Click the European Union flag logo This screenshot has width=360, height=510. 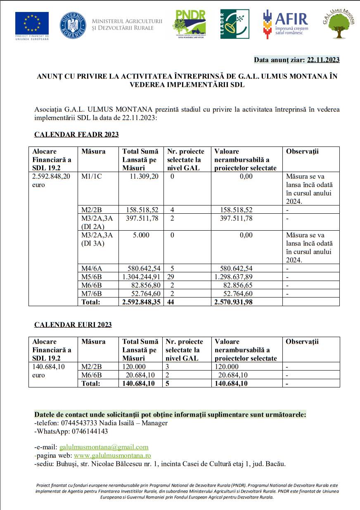[32, 23]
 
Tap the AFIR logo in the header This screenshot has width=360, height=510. [285, 24]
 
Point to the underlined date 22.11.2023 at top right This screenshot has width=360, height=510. [323, 60]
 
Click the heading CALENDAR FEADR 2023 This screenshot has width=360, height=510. [76, 135]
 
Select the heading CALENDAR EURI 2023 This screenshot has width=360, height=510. [73, 325]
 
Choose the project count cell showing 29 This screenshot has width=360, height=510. [171, 277]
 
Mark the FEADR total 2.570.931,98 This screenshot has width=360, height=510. [234, 302]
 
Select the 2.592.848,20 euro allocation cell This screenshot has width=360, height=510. [51, 181]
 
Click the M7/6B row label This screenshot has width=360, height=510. [92, 293]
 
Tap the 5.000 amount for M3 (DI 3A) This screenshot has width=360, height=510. [141, 235]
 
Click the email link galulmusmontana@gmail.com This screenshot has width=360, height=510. [104, 447]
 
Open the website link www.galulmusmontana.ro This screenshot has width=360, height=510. [112, 456]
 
